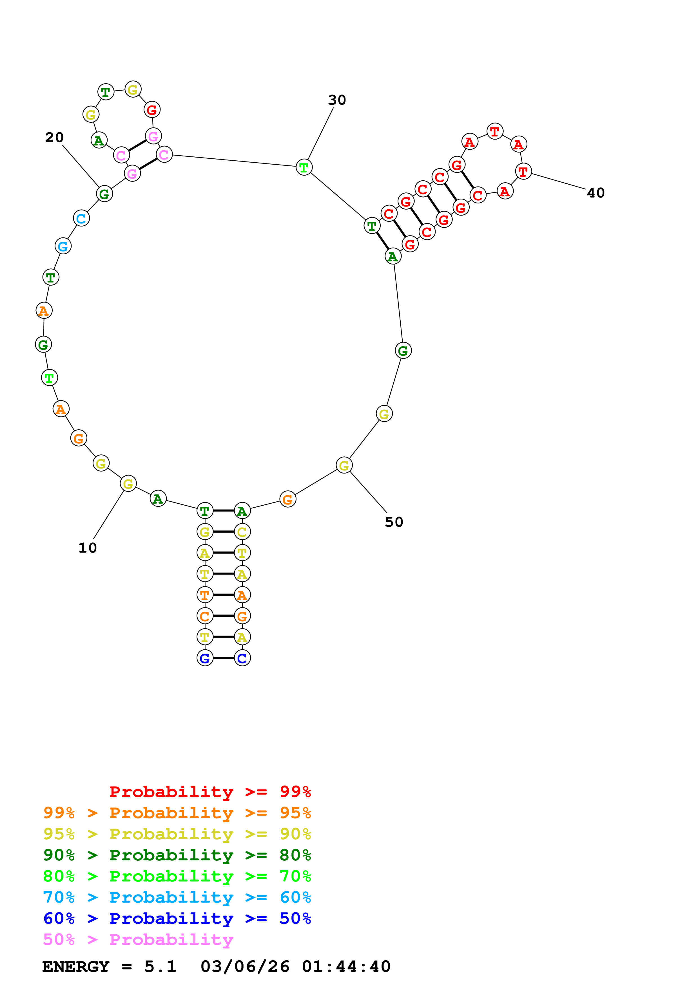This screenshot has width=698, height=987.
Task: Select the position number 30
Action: tap(337, 100)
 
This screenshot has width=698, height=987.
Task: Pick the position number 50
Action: tap(394, 522)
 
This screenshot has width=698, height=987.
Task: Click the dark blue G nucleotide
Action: tap(205, 658)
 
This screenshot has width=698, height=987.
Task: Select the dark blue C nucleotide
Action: tap(242, 658)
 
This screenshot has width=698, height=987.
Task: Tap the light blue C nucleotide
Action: tap(81, 218)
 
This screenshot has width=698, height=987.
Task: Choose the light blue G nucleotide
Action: tap(63, 246)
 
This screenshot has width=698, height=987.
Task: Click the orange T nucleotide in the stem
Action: tap(205, 595)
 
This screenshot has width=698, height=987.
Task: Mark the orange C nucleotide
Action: tap(205, 616)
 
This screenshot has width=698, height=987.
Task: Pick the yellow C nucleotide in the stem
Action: tap(242, 532)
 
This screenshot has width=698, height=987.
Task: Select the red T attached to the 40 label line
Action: tap(523, 172)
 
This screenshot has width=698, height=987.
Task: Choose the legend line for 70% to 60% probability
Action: tap(177, 897)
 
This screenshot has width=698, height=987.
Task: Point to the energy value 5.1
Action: tap(160, 967)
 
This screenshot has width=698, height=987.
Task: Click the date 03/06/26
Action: tap(245, 967)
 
